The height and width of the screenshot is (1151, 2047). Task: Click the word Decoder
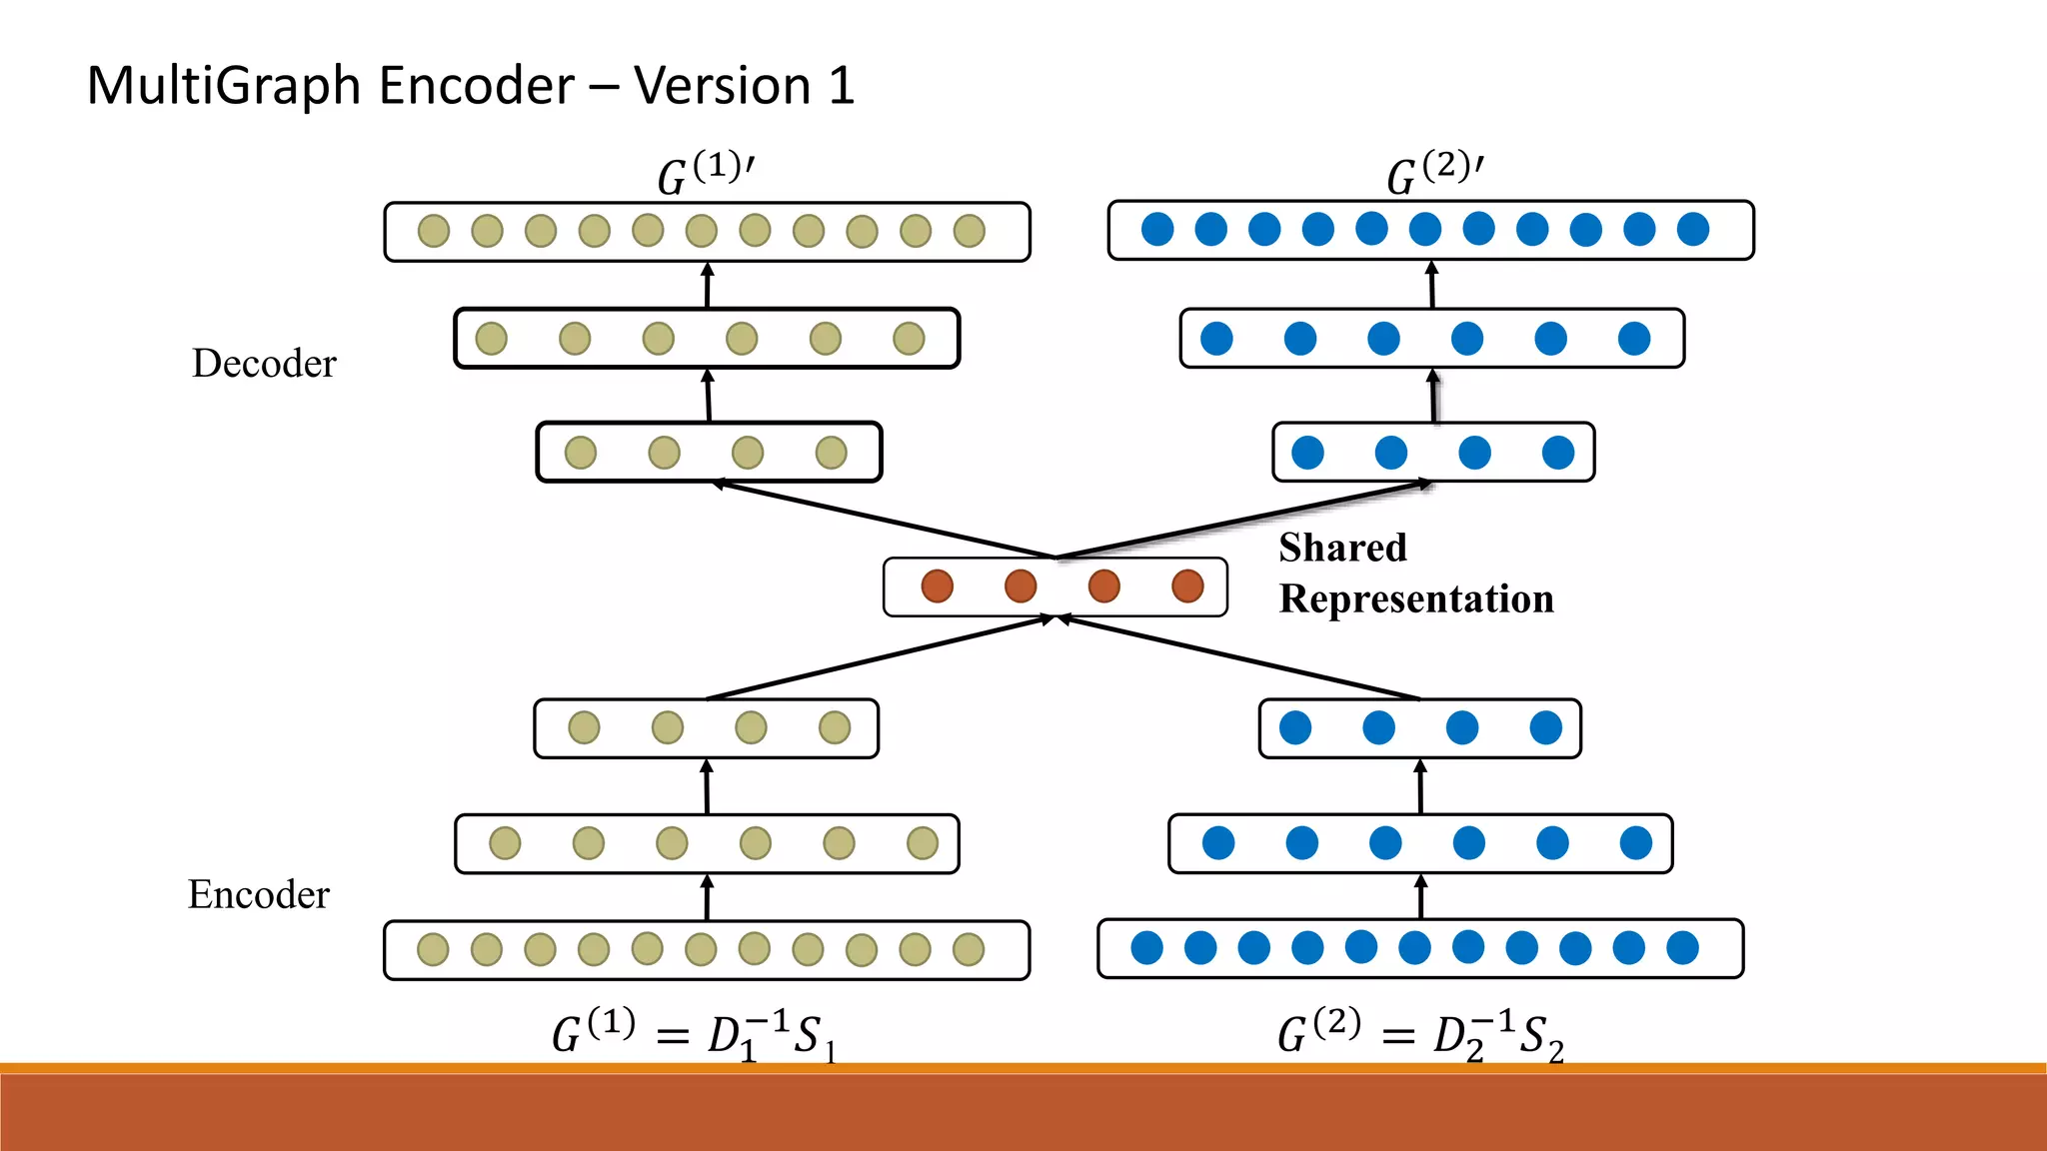264,364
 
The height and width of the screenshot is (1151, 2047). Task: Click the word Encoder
259,895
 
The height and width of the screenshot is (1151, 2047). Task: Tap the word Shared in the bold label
1342,549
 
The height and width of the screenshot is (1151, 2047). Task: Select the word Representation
1416,599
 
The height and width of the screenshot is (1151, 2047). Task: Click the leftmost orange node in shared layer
937,586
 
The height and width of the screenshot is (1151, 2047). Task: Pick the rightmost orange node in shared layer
1187,586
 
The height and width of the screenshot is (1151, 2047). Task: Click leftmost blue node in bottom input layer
1146,947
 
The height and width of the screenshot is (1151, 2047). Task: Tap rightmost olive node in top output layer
969,231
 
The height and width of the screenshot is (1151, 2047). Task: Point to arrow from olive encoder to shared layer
880,657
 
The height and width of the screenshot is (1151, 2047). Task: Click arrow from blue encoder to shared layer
1239,657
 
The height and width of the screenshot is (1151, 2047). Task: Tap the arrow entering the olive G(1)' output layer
708,285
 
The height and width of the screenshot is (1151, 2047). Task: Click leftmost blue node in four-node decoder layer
1307,453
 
